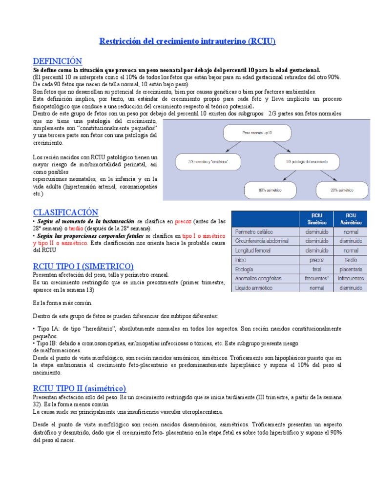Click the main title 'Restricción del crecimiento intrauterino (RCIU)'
(187, 41)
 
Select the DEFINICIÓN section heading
(57, 61)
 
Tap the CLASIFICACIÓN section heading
(65, 212)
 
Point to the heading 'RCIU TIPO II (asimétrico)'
(79, 388)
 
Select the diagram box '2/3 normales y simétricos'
(208, 161)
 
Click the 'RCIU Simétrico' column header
(316, 218)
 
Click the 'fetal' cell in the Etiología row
(316, 269)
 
